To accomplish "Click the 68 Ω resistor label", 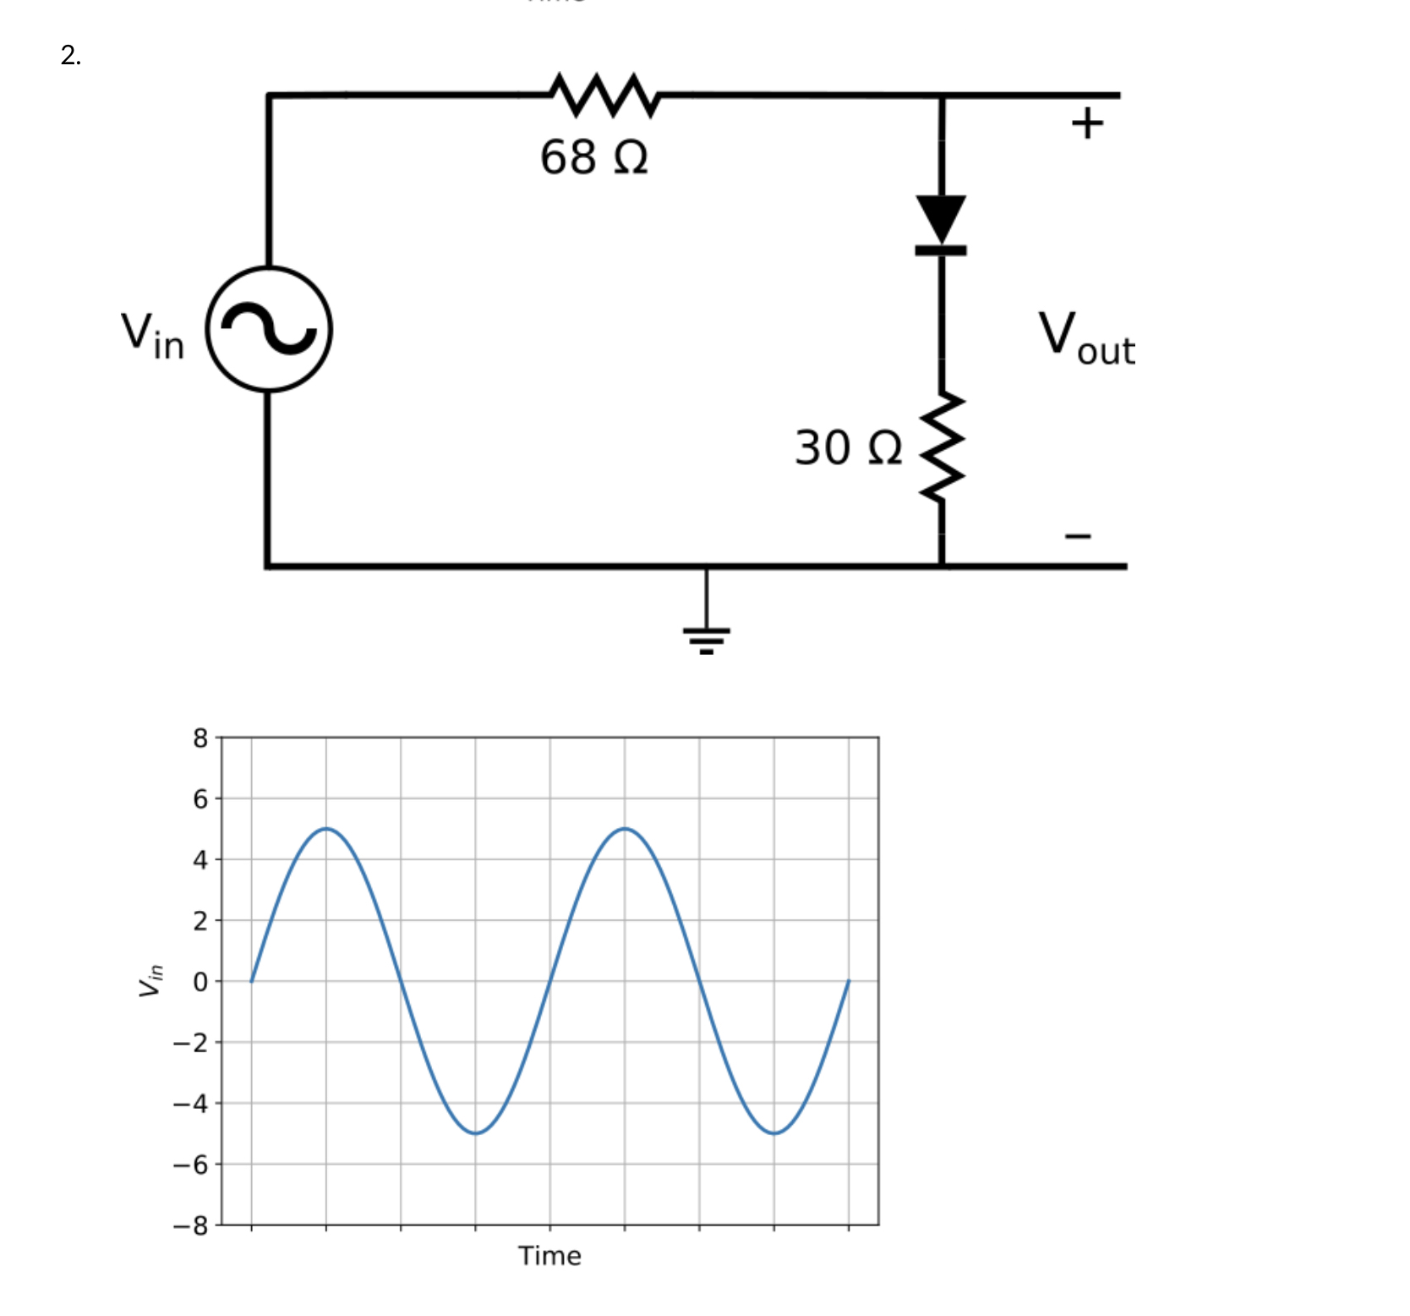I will click(x=594, y=157).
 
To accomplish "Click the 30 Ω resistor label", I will click(x=848, y=447).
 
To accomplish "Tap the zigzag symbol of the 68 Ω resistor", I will click(x=604, y=95).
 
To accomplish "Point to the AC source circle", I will click(x=269, y=329).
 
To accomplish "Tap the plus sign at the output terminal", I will click(x=1087, y=123).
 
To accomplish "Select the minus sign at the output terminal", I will click(x=1078, y=535).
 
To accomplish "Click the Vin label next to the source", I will click(x=152, y=335).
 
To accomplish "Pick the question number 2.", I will click(x=71, y=56).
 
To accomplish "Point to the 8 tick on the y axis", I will click(x=199, y=738).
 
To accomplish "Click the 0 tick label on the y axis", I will click(x=199, y=982).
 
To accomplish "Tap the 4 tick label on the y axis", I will click(x=199, y=860).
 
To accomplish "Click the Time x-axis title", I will click(x=549, y=1256).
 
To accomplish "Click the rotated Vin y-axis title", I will click(x=150, y=980).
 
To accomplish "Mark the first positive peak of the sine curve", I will click(x=326, y=829).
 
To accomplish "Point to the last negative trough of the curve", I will click(x=774, y=1133).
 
